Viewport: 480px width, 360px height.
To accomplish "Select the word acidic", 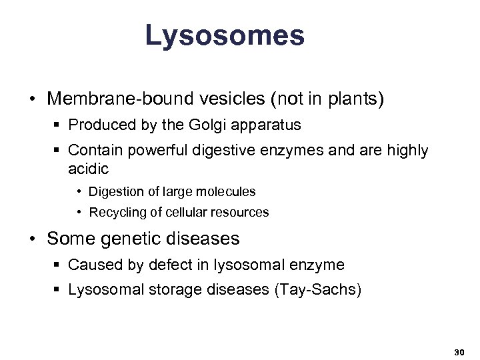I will pos(88,169).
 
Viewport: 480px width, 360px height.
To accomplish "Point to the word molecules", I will pos(227,192).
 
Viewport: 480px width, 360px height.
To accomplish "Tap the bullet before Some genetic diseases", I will pos(32,238).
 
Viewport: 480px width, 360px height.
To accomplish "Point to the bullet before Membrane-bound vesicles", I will pos(32,100).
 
